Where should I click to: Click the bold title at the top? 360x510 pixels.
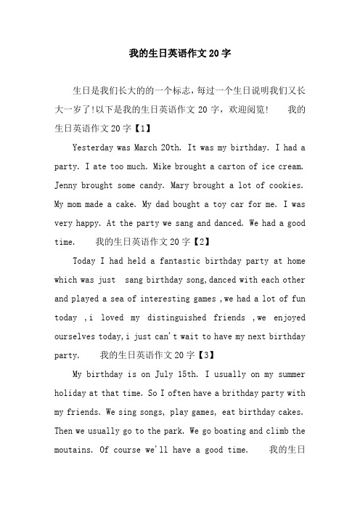(179, 53)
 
